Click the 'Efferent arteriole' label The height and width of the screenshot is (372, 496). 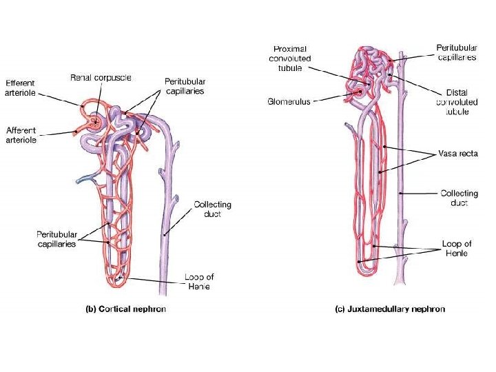pos(20,88)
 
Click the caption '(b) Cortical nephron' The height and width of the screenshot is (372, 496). pos(125,309)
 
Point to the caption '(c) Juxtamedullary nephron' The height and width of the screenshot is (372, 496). pos(390,309)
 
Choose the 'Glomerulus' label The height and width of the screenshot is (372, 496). pos(289,101)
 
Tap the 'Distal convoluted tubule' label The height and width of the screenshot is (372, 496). pos(457,102)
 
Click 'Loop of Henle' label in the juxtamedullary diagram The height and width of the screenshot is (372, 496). pos(457,248)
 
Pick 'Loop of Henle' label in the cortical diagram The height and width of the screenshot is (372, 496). pos(198,282)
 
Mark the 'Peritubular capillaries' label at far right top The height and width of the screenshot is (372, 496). pos(456,53)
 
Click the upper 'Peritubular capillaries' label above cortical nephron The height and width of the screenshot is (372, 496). pos(185,86)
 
